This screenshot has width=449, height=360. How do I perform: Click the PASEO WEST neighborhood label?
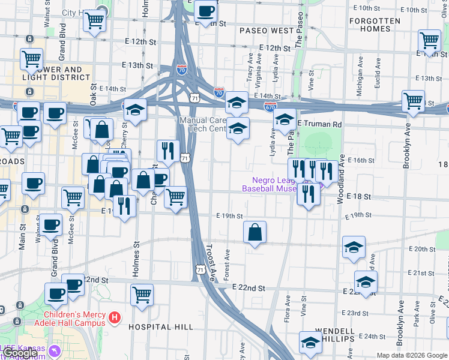point(266,30)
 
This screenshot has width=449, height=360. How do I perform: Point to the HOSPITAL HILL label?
point(161,326)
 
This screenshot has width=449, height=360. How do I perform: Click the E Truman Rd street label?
point(319,124)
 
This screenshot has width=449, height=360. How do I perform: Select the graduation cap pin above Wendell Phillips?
point(310,343)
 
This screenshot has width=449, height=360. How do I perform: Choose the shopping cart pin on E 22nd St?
point(142,295)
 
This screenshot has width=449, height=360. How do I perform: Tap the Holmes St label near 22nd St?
point(136,258)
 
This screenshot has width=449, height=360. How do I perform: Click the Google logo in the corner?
point(19,353)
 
